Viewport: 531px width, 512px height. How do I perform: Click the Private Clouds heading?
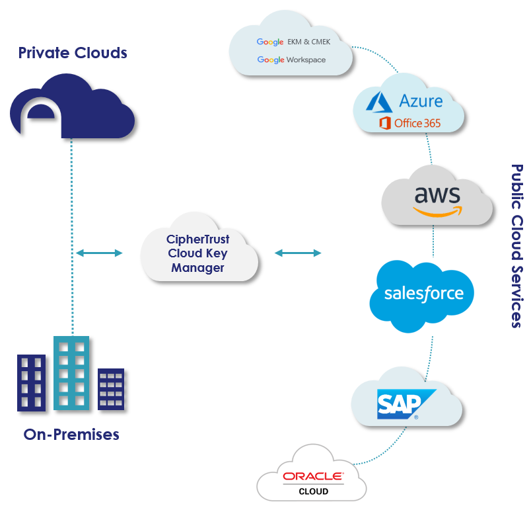tap(72, 52)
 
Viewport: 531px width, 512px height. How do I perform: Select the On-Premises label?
tap(71, 435)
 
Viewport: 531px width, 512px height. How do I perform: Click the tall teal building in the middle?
tap(71, 374)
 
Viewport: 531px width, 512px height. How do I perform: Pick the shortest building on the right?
tap(111, 388)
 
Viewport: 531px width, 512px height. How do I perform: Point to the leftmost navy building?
tap(31, 382)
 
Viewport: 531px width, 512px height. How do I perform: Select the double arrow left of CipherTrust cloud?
tap(99, 253)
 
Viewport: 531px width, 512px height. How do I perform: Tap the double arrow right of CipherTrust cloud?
tap(298, 253)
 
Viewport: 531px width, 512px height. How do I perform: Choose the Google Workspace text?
tap(291, 60)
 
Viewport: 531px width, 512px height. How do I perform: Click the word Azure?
tap(421, 101)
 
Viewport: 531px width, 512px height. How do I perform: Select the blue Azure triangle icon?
tap(380, 103)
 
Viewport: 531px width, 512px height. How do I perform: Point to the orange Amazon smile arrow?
tap(438, 211)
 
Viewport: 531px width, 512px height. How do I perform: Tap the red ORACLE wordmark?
tap(313, 476)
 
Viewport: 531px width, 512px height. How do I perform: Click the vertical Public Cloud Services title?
tap(516, 246)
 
